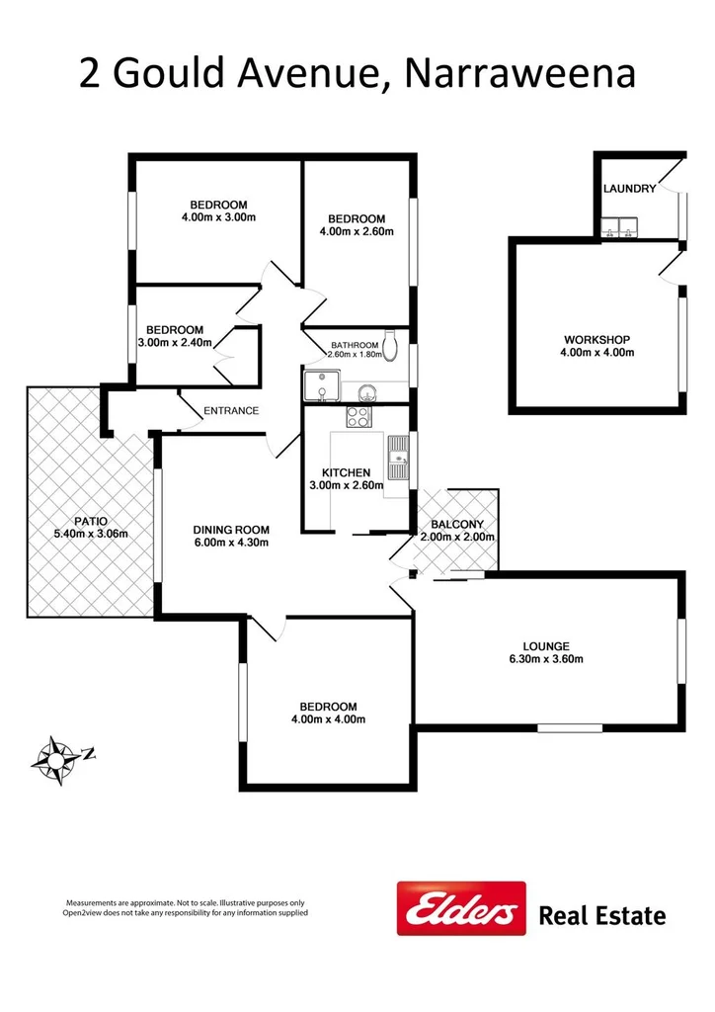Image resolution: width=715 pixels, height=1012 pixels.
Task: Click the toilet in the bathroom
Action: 392,344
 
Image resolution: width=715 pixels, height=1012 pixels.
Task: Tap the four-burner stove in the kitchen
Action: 361,417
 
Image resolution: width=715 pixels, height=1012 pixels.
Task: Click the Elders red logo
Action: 460,907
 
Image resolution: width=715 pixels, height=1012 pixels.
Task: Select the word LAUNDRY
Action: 628,189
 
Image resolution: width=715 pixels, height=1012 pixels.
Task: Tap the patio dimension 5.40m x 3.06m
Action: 89,534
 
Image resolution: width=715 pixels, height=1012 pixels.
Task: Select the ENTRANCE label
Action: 230,411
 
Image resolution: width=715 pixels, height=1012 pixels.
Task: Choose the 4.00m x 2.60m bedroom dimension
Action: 357,232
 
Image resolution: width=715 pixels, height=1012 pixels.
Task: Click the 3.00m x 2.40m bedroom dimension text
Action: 175,343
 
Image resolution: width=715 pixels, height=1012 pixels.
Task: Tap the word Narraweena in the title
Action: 520,75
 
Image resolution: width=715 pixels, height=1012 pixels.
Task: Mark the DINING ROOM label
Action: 230,529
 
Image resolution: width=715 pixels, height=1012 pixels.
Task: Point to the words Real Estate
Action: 601,916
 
